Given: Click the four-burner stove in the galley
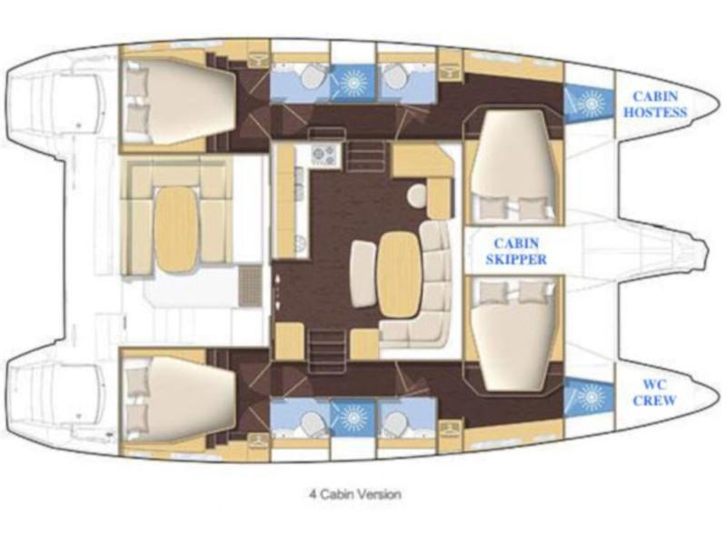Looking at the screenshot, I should tap(324, 157).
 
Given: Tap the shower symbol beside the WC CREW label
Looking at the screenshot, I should tap(586, 397).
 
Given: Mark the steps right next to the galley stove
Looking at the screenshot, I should tap(365, 156).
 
